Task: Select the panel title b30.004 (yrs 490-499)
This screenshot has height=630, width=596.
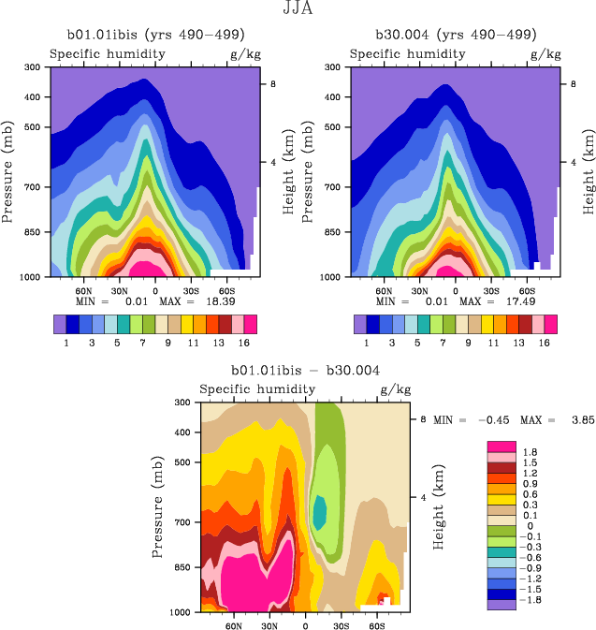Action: click(456, 35)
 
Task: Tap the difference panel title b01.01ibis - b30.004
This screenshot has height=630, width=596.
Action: click(298, 371)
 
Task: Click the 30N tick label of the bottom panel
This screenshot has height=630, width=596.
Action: click(269, 624)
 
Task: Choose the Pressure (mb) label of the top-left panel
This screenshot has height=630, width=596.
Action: click(9, 171)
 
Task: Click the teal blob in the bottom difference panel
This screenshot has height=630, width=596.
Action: click(319, 512)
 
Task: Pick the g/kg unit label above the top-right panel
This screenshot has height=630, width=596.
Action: click(545, 54)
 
